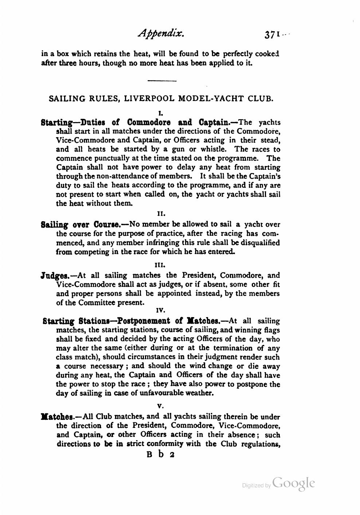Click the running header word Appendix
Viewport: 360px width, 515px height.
coord(162,34)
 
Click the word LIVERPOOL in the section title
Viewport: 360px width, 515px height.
coord(150,98)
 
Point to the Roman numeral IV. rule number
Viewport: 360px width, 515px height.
coord(161,311)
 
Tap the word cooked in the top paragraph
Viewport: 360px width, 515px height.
coord(267,54)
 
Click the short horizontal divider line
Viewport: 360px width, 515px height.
coord(162,81)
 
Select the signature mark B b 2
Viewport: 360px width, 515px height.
coord(161,455)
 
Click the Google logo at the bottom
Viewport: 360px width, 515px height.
coord(293,483)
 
